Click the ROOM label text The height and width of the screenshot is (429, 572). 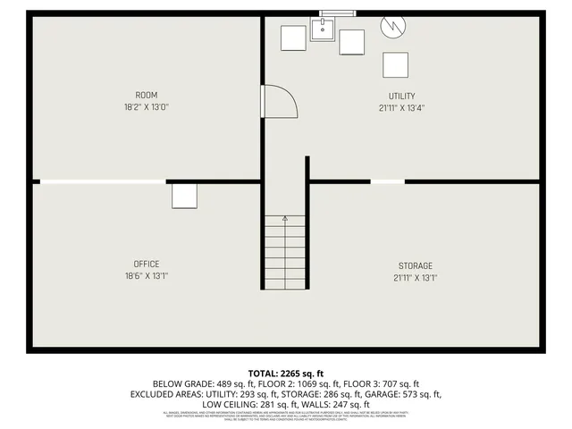[x=147, y=96]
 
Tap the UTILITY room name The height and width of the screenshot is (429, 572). [x=401, y=97]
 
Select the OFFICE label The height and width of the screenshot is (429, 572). [x=147, y=264]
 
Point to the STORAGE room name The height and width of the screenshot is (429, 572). [x=416, y=265]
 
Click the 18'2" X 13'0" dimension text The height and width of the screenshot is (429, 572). [x=147, y=107]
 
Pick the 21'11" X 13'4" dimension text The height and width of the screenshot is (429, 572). [x=401, y=108]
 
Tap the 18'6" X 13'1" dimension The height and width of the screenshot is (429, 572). [x=147, y=276]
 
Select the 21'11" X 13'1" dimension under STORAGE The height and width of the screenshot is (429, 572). [x=416, y=278]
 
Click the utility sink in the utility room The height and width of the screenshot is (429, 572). [x=322, y=31]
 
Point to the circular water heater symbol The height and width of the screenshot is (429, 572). [x=392, y=26]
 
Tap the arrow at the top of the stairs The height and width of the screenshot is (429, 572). [x=285, y=218]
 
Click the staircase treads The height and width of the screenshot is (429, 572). [x=285, y=255]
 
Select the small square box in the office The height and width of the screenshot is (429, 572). [x=184, y=196]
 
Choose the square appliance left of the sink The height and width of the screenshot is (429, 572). [x=293, y=38]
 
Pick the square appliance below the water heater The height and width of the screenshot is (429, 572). [x=395, y=65]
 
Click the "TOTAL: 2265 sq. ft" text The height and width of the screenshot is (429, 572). [x=286, y=373]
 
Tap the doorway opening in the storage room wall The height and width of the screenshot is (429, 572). [x=387, y=181]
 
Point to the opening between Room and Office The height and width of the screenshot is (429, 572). [x=103, y=181]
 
